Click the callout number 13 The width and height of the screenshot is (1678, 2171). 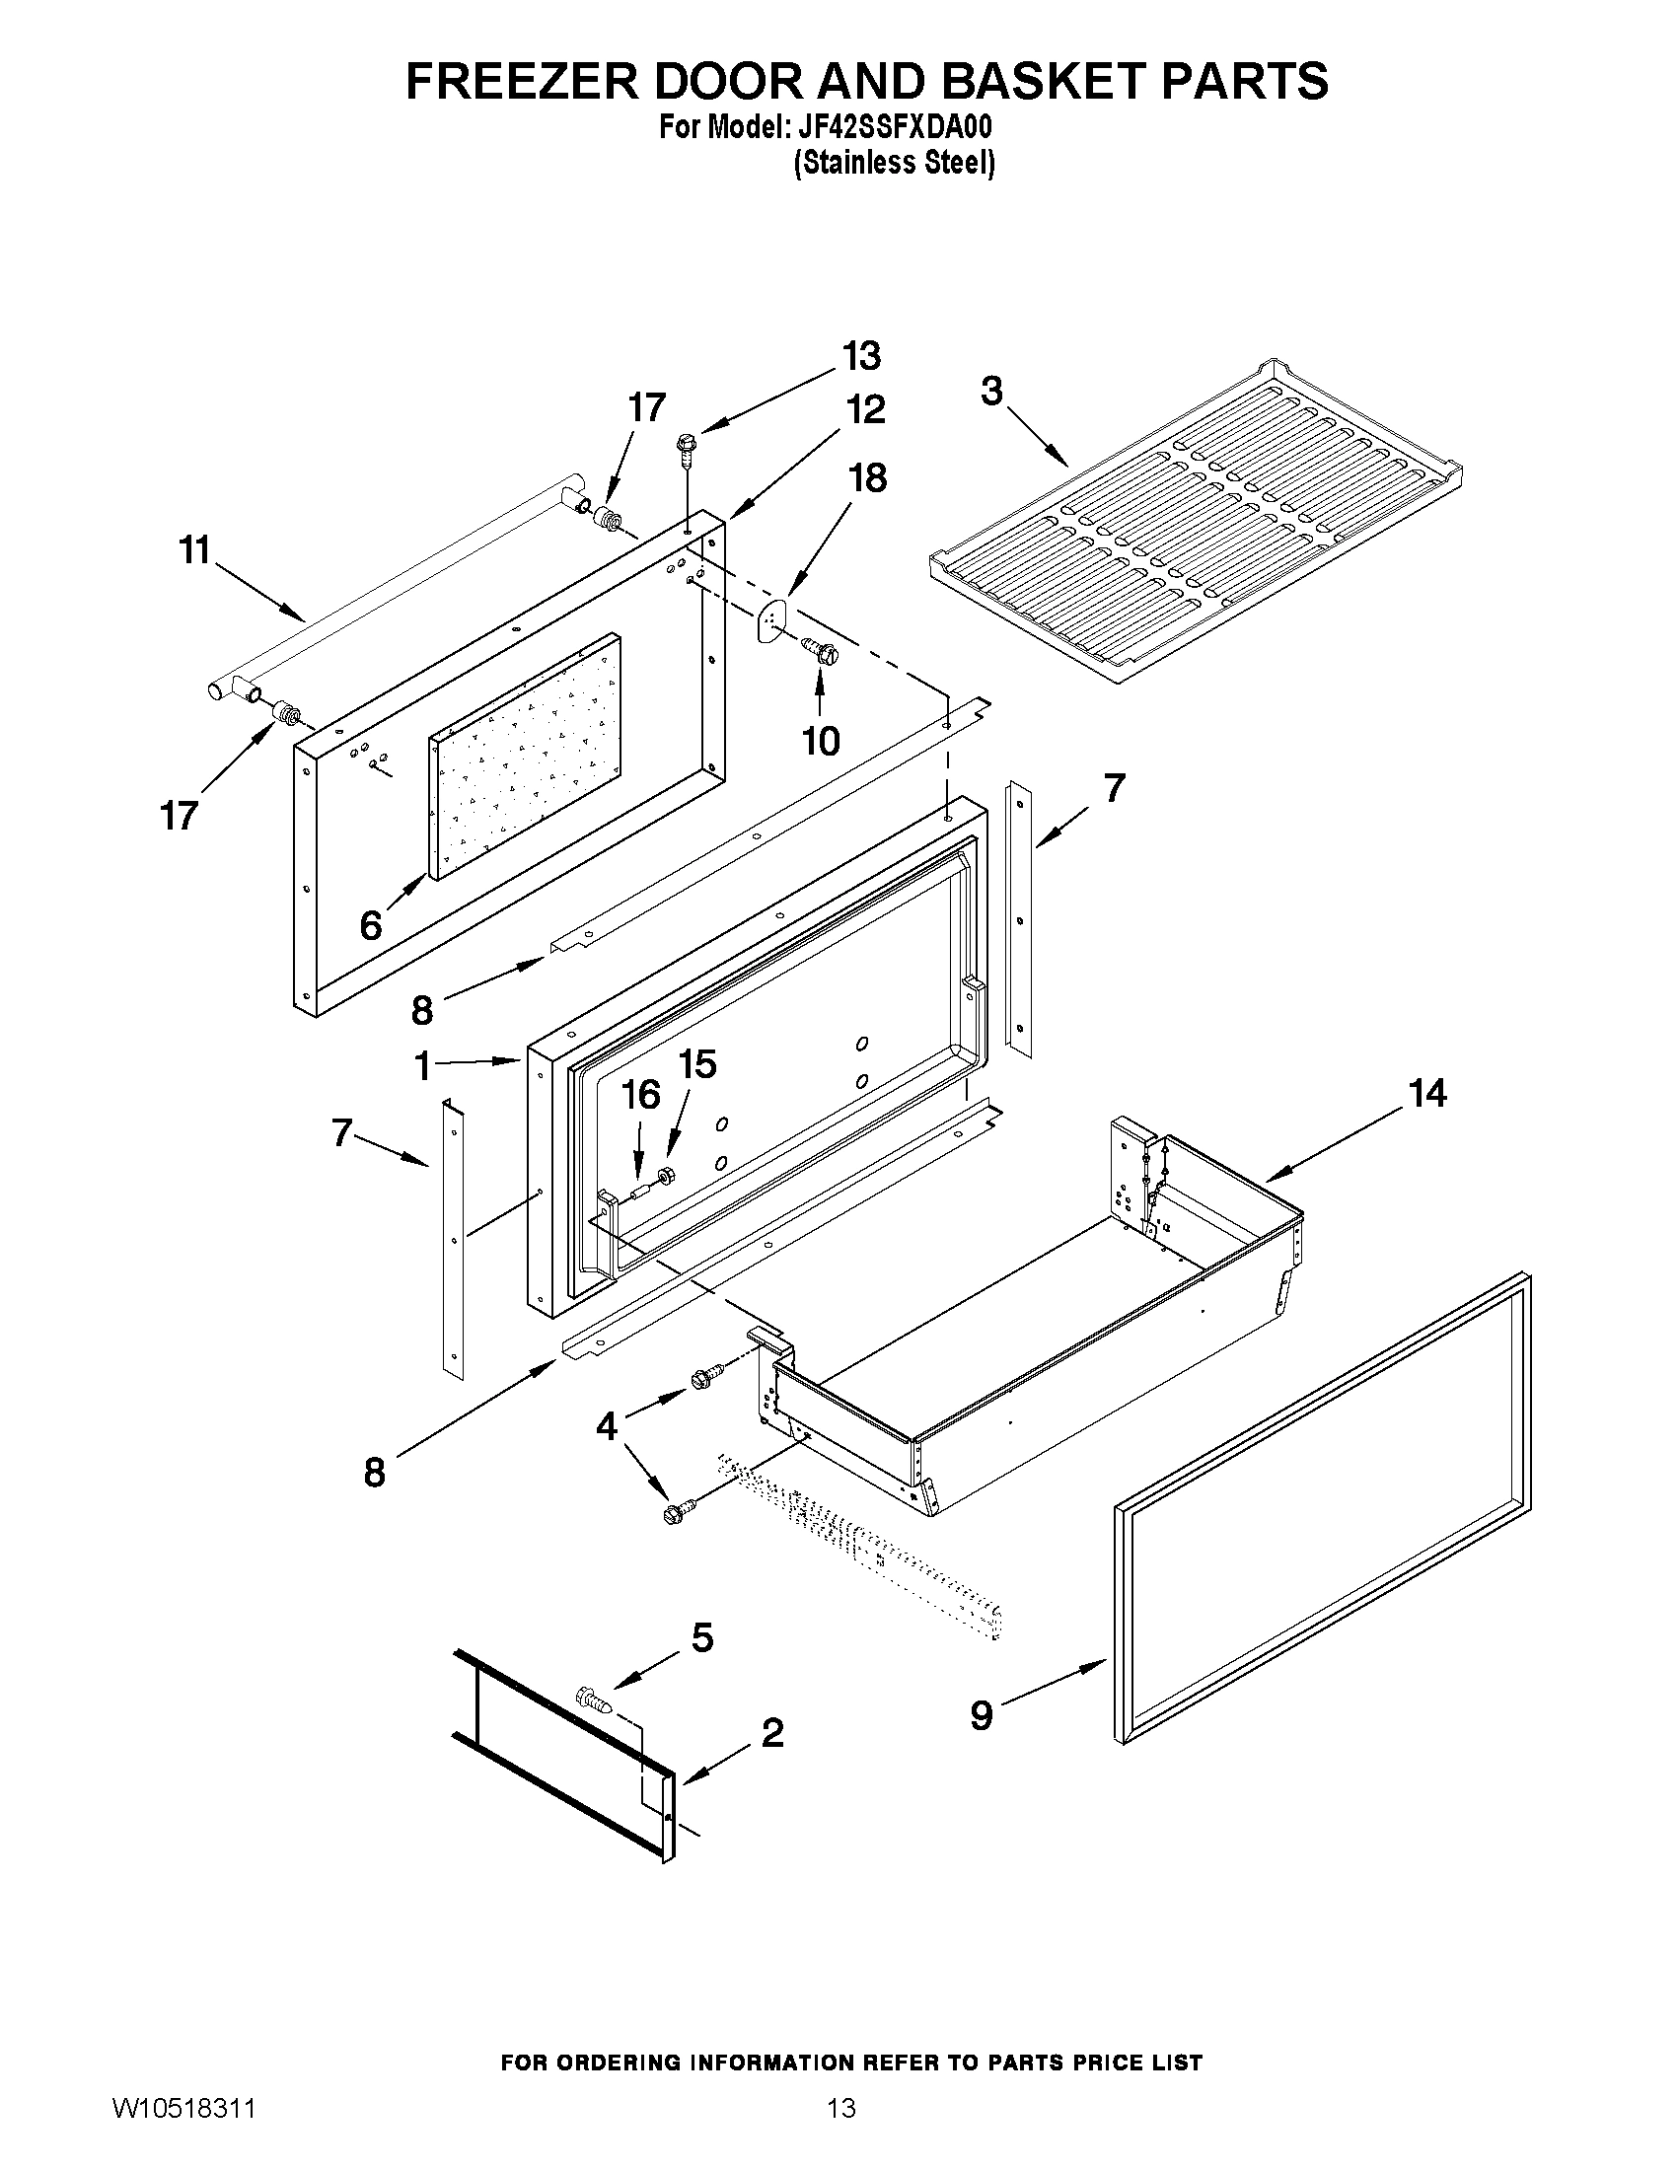[861, 355]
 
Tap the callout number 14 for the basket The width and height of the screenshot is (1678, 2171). [1426, 1094]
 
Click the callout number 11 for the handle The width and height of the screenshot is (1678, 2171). [195, 549]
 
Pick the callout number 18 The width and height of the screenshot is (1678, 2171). [867, 478]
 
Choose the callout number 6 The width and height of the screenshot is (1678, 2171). [370, 925]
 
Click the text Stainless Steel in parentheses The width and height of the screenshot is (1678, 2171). [894, 163]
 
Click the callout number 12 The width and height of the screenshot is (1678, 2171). [865, 409]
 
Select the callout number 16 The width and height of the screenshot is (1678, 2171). [640, 1096]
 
